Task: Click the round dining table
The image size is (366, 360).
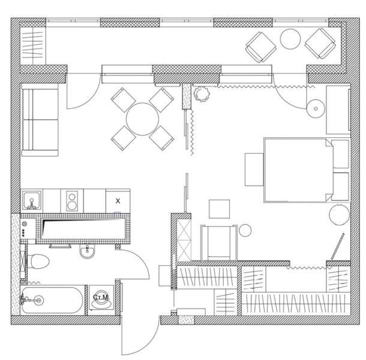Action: (x=142, y=119)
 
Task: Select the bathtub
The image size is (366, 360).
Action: (x=52, y=300)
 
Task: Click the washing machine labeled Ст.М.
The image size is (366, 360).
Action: (x=101, y=298)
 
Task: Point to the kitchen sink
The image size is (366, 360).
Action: (x=32, y=200)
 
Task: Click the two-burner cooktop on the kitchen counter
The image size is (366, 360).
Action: (x=72, y=200)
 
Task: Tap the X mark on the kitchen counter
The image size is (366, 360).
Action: (x=118, y=201)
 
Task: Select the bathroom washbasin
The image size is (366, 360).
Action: (x=88, y=251)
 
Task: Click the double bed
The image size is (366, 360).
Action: (x=299, y=170)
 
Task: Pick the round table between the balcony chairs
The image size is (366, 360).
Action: (x=290, y=39)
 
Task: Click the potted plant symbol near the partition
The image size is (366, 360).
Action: (x=202, y=94)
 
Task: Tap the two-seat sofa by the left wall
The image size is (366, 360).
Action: (x=40, y=120)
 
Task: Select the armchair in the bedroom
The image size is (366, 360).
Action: (x=219, y=243)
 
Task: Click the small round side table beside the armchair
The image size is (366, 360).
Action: (x=245, y=230)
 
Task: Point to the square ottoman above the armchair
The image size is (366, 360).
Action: (x=219, y=209)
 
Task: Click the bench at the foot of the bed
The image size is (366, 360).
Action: (x=254, y=169)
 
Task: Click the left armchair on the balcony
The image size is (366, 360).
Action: (x=260, y=47)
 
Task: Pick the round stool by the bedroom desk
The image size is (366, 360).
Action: (x=316, y=109)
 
